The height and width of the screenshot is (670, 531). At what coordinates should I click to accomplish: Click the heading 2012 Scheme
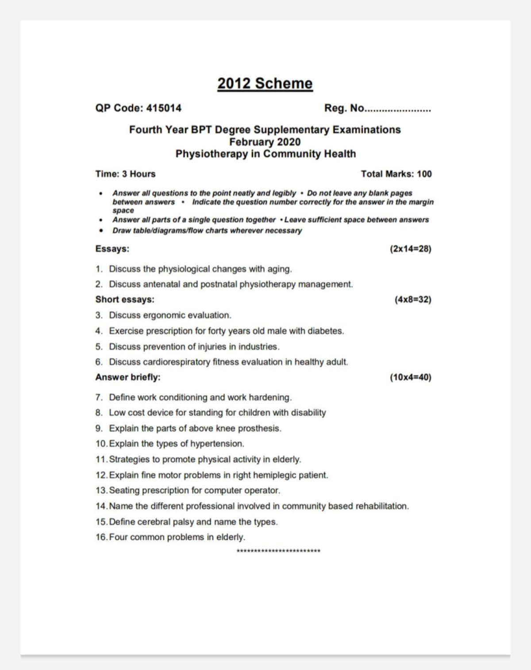tap(265, 83)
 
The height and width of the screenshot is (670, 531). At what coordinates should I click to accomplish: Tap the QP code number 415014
tap(164, 108)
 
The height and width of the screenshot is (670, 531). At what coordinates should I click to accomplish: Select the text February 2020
tap(265, 142)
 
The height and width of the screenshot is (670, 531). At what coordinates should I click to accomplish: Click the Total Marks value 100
tap(424, 174)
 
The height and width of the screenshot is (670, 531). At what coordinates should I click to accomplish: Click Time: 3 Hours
tap(125, 174)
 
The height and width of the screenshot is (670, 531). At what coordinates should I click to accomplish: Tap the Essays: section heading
tap(112, 249)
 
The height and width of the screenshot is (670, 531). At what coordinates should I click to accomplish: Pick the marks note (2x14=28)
tap(410, 249)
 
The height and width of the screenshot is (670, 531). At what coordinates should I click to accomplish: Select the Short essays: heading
tap(125, 299)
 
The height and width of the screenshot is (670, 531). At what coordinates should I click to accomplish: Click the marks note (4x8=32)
tap(412, 299)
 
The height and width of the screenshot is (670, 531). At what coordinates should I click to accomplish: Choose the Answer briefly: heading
tap(128, 377)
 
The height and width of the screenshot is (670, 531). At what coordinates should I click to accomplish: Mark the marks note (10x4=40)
tap(410, 377)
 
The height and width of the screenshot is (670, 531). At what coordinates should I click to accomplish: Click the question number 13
tap(101, 491)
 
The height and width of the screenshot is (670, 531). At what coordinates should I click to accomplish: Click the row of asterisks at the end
tap(278, 551)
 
